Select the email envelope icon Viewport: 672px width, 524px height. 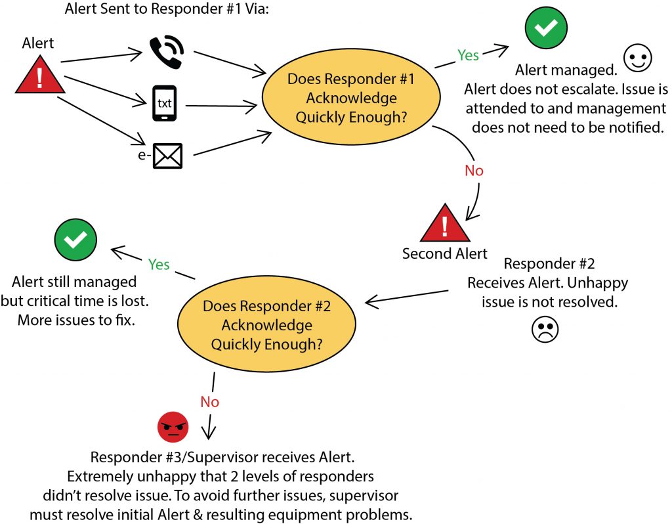167,156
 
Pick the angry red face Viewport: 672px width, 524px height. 173,427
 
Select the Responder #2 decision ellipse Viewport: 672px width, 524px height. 266,325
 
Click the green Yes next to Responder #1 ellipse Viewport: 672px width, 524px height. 468,55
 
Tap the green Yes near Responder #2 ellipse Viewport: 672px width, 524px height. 159,265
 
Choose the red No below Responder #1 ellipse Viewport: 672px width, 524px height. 474,171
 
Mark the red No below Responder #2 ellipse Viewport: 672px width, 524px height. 209,402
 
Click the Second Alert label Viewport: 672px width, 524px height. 445,254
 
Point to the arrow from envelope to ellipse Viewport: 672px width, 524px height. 233,142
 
